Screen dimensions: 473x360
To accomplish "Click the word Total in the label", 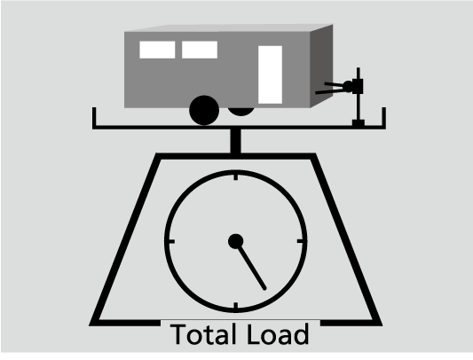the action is coord(203,334).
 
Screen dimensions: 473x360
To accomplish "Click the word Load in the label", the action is coord(278,334).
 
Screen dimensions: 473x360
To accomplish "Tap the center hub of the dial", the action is coord(236,241).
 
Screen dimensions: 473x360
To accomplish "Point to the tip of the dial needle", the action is coord(265,289).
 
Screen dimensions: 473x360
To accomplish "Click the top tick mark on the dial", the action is coord(236,176).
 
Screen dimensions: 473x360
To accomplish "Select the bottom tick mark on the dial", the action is coord(236,306).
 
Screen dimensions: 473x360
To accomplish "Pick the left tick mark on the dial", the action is coord(171,241).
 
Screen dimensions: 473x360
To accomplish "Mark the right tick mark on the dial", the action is coord(301,241).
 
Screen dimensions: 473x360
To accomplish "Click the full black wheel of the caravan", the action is coord(204,110).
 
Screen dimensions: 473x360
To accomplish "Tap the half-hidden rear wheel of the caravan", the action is coord(240,111).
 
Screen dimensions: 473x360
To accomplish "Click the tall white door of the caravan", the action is coord(271,74).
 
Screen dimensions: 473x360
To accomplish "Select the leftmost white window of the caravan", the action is coord(157,50).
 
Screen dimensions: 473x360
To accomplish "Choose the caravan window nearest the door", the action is coord(200,50).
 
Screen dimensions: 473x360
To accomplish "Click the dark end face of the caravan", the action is coord(321,66).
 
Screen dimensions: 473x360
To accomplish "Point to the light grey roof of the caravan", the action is coord(229,28).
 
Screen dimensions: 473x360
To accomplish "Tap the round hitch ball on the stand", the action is coord(348,87).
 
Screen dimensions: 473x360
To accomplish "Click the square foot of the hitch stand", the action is coord(359,122).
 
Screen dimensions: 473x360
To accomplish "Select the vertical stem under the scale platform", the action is coord(235,141).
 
